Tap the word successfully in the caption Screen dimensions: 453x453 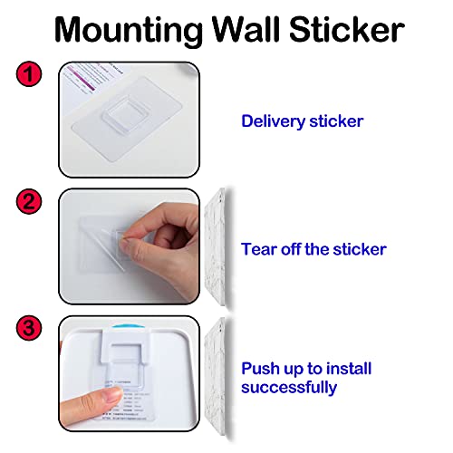(x=289, y=388)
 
